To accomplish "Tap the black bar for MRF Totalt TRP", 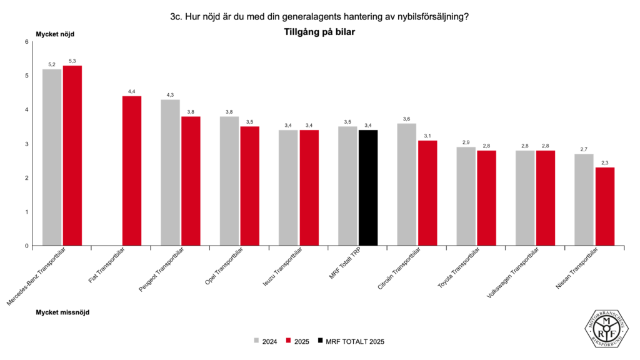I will point(368,187).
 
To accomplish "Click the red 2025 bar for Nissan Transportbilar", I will point(605,206).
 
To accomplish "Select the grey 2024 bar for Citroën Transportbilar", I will point(407,184).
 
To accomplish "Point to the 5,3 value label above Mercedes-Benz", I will point(72,61).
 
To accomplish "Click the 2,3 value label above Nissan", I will point(605,162).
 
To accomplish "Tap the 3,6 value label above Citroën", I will point(407,119).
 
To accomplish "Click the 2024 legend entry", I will point(265,341).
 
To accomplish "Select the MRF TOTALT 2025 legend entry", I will point(350,341).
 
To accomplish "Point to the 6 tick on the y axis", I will point(27,42).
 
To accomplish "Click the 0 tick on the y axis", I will point(27,246).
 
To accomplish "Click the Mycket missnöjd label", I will point(62,312).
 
